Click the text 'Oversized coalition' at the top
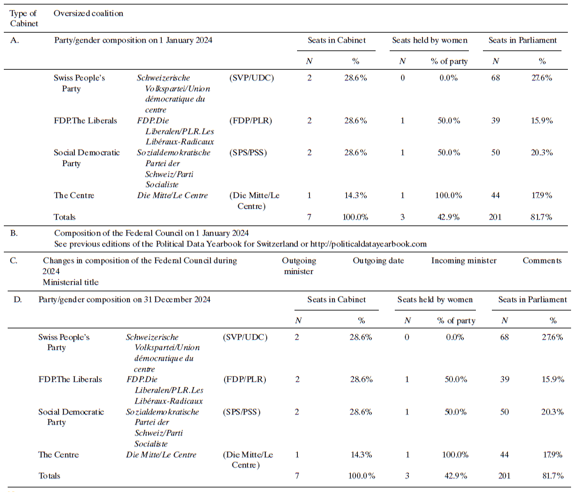click(x=89, y=13)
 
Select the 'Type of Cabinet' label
click(x=24, y=19)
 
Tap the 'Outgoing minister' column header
click(x=298, y=266)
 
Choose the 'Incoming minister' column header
click(x=464, y=261)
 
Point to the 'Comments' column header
click(x=542, y=261)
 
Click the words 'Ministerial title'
click(x=71, y=282)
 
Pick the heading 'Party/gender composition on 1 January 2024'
click(x=134, y=40)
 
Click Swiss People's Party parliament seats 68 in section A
click(x=496, y=78)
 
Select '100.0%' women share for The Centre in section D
click(x=456, y=455)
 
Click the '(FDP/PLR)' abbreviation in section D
click(x=245, y=379)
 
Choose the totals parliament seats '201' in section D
click(x=505, y=476)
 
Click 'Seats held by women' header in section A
click(x=429, y=40)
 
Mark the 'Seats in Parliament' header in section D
click(x=532, y=300)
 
